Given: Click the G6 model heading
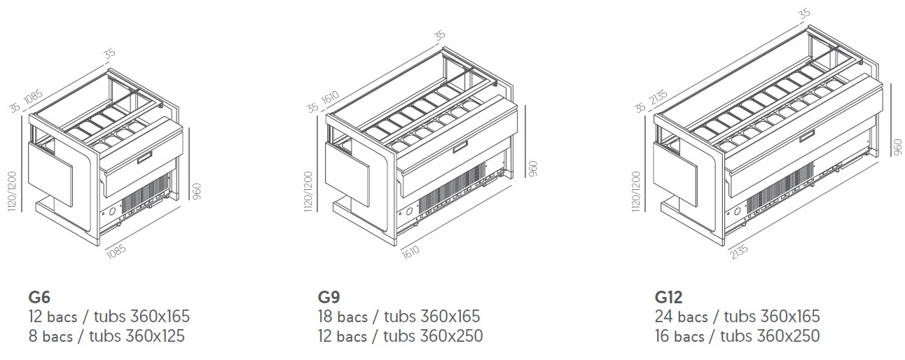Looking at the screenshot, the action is (x=39, y=298).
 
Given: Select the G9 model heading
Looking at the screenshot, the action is (x=329, y=298).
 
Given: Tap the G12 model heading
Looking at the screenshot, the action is (x=669, y=298).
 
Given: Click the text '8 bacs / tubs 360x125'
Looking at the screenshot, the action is (x=106, y=336).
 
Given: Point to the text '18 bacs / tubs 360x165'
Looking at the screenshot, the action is (x=399, y=317).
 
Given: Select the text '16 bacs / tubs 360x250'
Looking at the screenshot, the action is (x=738, y=336).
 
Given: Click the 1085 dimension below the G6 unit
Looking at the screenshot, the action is (x=116, y=252).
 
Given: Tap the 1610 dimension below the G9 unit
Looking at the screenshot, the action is (x=410, y=252).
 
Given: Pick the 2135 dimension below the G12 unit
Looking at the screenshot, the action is (x=740, y=251).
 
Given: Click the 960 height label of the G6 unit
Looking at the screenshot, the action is (x=197, y=191).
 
